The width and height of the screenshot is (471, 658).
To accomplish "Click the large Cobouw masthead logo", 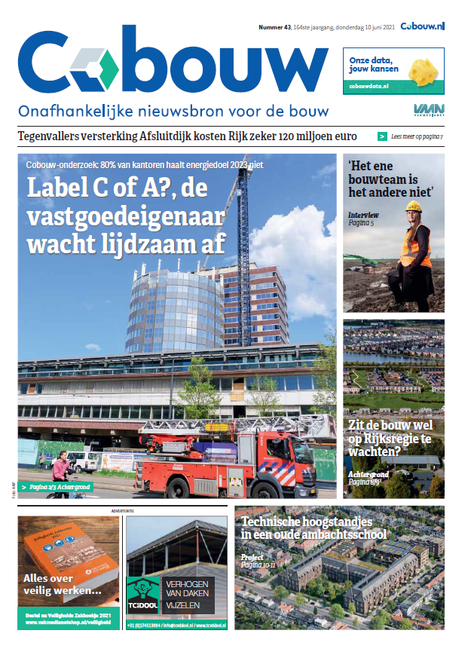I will point(173,64).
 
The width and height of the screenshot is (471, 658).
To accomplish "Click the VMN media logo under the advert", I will point(428,111).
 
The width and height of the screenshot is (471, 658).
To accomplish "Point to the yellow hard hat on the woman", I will point(413,207).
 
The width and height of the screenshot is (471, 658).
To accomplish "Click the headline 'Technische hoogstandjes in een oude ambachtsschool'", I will point(314,528).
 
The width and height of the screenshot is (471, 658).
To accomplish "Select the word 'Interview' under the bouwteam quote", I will point(363,215).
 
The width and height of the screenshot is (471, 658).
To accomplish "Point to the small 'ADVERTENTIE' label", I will point(122,511).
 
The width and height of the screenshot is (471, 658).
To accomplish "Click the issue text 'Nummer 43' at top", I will point(275,27).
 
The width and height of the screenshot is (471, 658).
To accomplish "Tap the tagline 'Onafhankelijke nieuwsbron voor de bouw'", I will point(173,111).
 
